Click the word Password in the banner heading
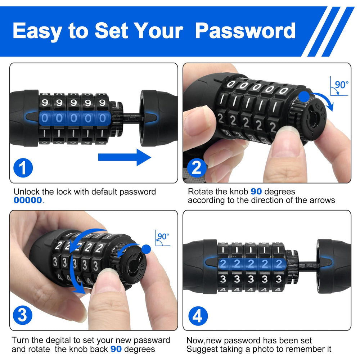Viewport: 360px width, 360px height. [245, 31]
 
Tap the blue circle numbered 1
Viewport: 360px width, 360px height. [23, 168]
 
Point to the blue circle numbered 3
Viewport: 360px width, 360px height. [22, 315]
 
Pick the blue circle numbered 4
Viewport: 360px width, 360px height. [198, 316]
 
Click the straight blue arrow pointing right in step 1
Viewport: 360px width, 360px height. [125, 157]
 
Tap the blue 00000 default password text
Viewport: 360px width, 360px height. [28, 200]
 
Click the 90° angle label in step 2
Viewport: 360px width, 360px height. [342, 85]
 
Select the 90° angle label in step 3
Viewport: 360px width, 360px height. [163, 236]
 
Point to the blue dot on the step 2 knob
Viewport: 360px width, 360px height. [304, 96]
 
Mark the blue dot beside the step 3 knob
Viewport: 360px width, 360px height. [146, 249]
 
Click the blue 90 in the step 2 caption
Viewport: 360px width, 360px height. [256, 192]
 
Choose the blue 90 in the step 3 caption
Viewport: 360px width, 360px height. [116, 349]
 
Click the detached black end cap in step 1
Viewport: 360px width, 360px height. [158, 118]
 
